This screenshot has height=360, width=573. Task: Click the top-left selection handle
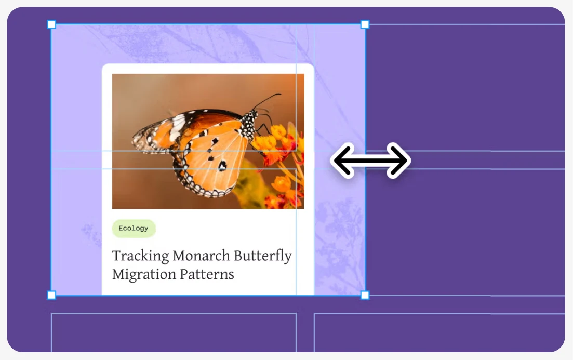point(51,24)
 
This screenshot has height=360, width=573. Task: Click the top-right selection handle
point(365,24)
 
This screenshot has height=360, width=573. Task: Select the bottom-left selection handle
point(51,295)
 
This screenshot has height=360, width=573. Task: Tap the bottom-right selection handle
point(365,295)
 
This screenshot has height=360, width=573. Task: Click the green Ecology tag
point(134,229)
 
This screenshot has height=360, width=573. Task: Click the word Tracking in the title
point(140,256)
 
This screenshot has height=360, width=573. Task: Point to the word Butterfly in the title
point(263,256)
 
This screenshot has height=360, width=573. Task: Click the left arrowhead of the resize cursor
point(343,161)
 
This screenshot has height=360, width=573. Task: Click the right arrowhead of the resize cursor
point(398,161)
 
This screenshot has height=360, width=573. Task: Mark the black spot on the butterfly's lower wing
point(222,166)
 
